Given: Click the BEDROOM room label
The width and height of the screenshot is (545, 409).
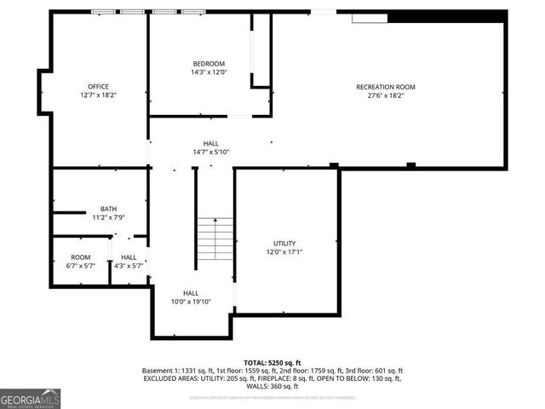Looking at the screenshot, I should tap(209, 64).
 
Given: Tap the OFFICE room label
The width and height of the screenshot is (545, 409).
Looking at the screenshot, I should tap(98, 86).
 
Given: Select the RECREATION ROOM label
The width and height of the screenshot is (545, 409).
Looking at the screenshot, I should tap(386, 87).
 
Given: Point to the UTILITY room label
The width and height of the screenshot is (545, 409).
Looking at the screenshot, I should tap(284, 244).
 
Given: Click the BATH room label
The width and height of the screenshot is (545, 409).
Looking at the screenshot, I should tap(109, 209).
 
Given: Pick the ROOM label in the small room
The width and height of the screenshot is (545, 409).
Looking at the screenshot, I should tap(81, 257).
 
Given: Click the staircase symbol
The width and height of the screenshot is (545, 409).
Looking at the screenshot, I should tap(215, 240).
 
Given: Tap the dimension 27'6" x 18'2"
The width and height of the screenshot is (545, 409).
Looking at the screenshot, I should tap(386, 95).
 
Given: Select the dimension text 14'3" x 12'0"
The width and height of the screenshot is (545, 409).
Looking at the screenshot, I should tap(209, 72).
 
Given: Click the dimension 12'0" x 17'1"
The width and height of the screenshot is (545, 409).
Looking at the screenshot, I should tap(284, 252).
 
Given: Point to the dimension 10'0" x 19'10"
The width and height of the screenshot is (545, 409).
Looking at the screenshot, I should tap(191, 302).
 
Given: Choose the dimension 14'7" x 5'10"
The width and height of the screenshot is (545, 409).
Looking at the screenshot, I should tap(211, 152).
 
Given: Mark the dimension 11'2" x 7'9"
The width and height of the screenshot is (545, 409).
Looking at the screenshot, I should tap(109, 217).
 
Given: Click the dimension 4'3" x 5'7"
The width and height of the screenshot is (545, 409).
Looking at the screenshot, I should tap(129, 266).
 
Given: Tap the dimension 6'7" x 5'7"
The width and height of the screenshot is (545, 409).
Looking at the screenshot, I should tap(81, 266).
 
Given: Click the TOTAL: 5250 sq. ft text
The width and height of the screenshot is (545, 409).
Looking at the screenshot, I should tap(272, 362).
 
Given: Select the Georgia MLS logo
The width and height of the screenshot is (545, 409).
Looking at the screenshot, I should tap(31, 398).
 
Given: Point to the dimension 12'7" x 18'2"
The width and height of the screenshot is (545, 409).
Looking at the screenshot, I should tap(98, 95).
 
